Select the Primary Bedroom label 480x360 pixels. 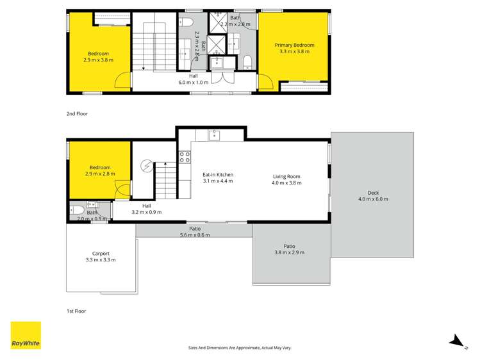[294, 45]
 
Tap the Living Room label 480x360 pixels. [286, 176]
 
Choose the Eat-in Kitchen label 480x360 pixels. [218, 174]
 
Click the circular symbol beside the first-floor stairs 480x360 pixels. [147, 167]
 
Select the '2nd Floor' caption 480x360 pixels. [77, 113]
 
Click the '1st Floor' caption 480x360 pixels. [76, 311]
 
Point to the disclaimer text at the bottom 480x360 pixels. [240, 348]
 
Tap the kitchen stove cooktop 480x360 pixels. [185, 156]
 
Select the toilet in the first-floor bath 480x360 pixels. [76, 209]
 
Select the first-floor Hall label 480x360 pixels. [147, 205]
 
